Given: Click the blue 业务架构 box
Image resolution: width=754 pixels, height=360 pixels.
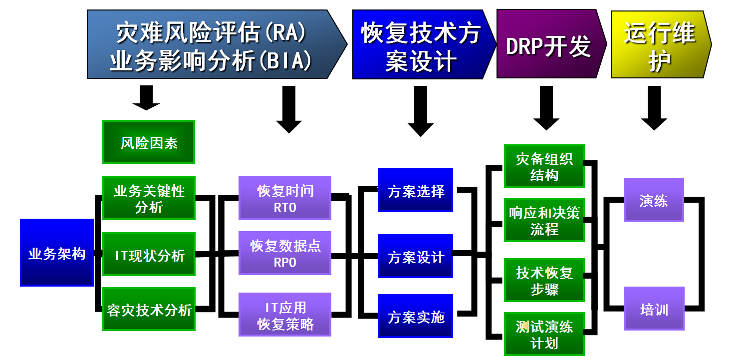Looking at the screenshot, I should [x=57, y=253].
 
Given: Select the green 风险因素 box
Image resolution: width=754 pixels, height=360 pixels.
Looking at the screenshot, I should [x=149, y=142].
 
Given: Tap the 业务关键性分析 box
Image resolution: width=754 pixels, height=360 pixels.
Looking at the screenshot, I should [x=149, y=198].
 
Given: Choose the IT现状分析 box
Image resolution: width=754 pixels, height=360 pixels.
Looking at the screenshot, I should [x=149, y=254].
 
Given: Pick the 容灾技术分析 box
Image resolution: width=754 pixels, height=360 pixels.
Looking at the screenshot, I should [x=149, y=309].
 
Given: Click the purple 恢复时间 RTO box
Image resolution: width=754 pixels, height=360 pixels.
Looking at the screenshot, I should [x=285, y=198].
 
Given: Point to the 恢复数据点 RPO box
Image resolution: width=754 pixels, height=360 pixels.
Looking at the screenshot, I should [x=285, y=253].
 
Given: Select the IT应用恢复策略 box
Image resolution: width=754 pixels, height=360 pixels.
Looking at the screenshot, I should [x=285, y=315].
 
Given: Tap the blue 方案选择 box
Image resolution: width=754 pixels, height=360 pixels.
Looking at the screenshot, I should [x=416, y=190].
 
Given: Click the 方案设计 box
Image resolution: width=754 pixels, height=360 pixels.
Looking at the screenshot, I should [x=416, y=256].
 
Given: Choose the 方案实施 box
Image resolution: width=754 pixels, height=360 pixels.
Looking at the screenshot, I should [x=416, y=316].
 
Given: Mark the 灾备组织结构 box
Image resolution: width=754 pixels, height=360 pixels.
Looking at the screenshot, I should [x=544, y=166].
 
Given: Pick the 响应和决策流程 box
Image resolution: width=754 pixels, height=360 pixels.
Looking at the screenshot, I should [x=544, y=220].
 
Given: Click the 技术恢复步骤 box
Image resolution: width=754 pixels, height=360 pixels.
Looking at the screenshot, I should [x=544, y=280].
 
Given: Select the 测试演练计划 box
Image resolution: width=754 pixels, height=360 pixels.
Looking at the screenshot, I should [x=544, y=334].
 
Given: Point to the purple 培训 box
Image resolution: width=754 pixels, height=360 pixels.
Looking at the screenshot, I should [x=654, y=309].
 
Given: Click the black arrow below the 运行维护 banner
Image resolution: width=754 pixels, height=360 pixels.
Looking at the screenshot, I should [x=654, y=107].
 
